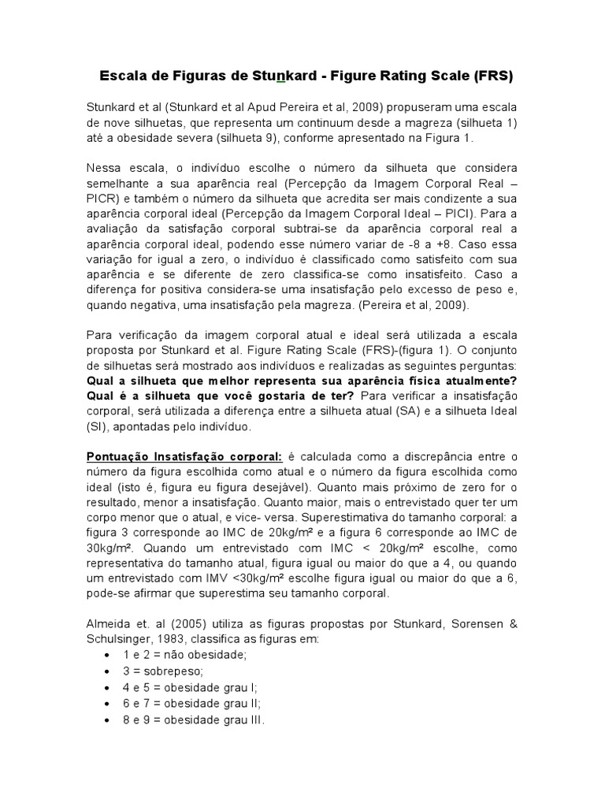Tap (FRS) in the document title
pos(494,76)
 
